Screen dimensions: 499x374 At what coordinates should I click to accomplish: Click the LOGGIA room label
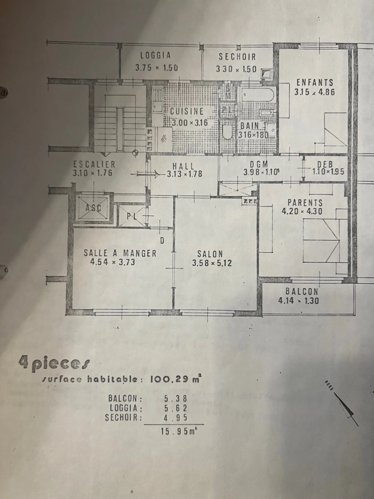[x=156, y=55]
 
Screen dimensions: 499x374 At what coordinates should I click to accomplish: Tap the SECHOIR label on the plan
[x=237, y=57]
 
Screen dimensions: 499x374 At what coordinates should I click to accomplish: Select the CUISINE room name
[x=187, y=111]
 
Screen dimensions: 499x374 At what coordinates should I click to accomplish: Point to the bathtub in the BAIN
[x=257, y=96]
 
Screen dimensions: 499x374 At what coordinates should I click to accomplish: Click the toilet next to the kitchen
[x=227, y=132]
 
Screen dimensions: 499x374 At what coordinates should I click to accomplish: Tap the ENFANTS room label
[x=314, y=82]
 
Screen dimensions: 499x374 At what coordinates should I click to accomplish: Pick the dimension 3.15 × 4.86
[x=314, y=91]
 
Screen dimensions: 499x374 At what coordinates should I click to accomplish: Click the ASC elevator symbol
[x=93, y=207]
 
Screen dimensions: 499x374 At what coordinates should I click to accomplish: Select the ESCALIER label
[x=94, y=164]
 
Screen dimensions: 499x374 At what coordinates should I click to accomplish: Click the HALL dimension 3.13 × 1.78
[x=184, y=174]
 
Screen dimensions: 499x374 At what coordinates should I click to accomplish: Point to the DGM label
[x=259, y=164]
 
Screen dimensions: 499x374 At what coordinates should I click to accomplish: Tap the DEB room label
[x=325, y=164]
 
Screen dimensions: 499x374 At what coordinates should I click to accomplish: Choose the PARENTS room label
[x=305, y=202]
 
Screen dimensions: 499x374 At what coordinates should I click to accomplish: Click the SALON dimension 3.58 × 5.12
[x=211, y=263]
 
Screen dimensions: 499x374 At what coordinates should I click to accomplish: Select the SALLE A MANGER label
[x=120, y=253]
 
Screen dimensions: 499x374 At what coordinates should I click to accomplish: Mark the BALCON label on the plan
[x=302, y=292]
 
